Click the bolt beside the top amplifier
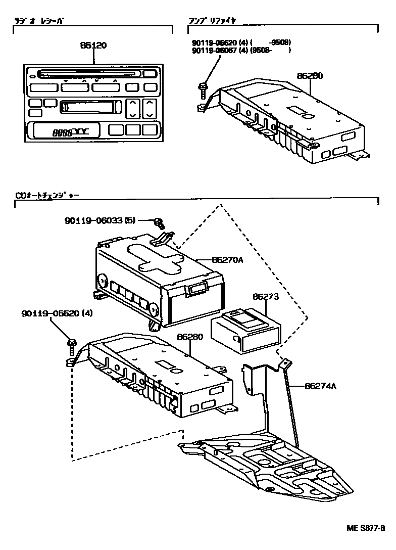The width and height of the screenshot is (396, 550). point(203,90)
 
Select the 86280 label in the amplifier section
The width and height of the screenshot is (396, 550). point(309,76)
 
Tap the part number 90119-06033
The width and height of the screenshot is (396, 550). point(96,220)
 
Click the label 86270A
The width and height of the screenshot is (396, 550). point(227,260)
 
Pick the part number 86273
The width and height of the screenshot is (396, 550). point(265,297)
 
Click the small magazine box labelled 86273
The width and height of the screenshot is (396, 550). point(245,331)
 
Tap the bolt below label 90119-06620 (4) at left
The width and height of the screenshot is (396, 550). point(72,348)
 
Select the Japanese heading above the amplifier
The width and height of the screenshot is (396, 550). point(212,21)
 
